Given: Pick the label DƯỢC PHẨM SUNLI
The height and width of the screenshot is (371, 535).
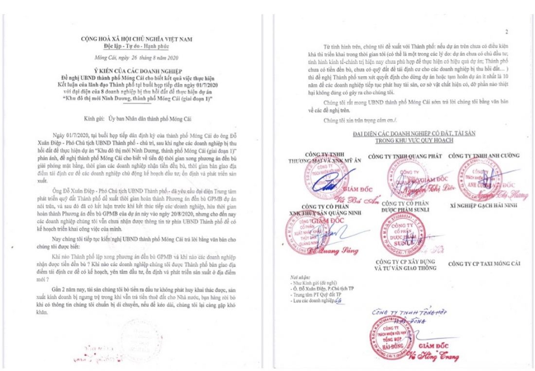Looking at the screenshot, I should [x=401, y=211].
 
